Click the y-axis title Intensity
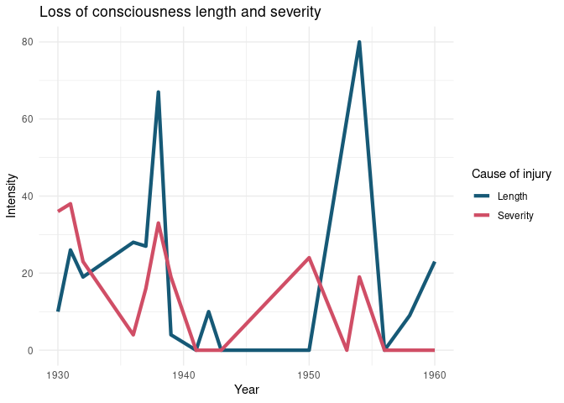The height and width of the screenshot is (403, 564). click(12, 196)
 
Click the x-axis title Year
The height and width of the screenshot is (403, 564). click(246, 390)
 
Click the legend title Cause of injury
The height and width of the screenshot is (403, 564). click(511, 175)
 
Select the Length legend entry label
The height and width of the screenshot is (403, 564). click(513, 196)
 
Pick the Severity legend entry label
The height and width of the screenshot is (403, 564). click(515, 216)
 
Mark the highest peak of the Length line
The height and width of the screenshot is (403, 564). click(359, 42)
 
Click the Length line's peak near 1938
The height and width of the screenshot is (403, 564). click(158, 92)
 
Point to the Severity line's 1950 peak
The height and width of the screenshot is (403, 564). click(309, 258)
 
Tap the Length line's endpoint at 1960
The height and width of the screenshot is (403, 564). click(435, 262)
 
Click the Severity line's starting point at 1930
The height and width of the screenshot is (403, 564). click(58, 211)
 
